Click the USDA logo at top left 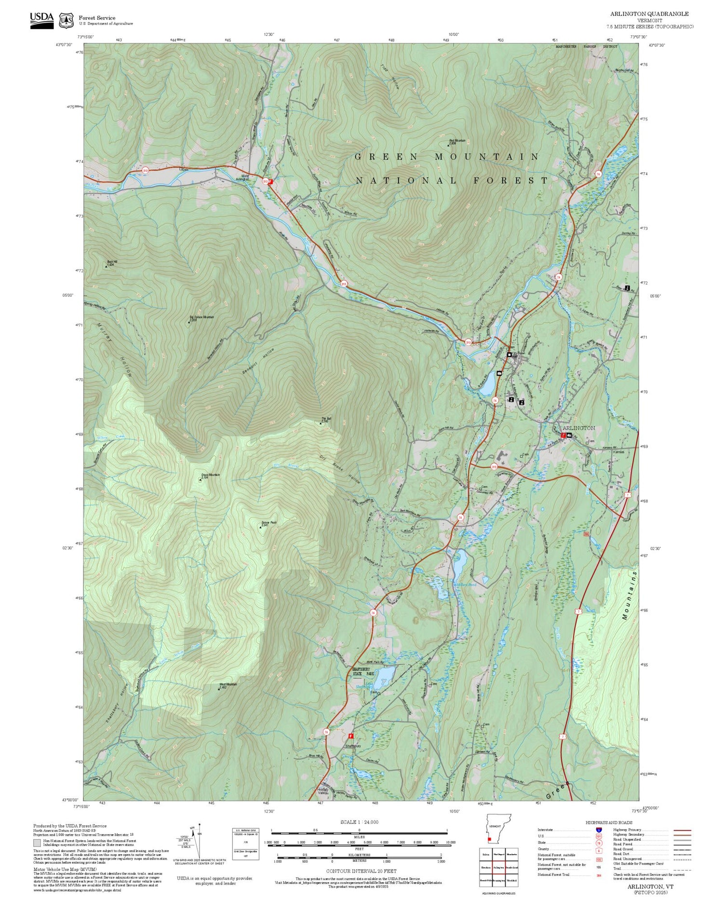pos(42,20)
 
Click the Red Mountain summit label pos(457,141)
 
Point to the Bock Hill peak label pos(111,263)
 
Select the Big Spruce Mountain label pos(201,317)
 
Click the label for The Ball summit pos(326,419)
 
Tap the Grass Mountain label pos(210,476)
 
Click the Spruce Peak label pos(269,523)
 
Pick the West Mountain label pos(228,684)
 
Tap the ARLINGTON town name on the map pos(578,428)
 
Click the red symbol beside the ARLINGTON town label pos(563,435)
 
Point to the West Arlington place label pos(242,177)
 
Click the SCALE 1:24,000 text pos(359,822)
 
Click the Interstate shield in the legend pos(599,830)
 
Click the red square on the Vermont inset pos(489,840)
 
